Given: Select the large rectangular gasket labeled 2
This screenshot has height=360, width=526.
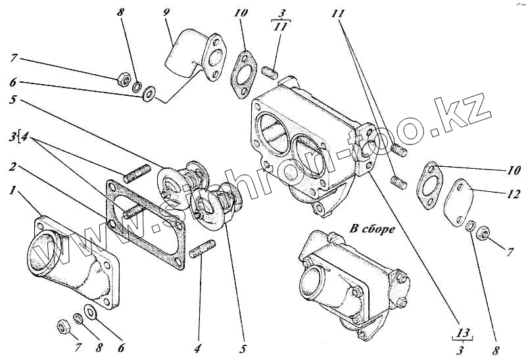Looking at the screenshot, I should [145, 224].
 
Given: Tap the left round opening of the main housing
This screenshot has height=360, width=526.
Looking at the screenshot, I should [270, 131].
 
